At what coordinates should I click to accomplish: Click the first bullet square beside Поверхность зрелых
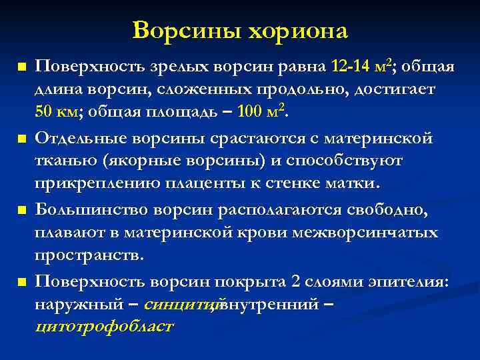22,67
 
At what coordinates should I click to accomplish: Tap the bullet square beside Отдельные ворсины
22,139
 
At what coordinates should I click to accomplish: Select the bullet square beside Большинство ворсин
22,211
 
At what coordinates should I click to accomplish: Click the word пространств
89,255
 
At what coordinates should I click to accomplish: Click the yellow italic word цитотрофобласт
103,327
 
